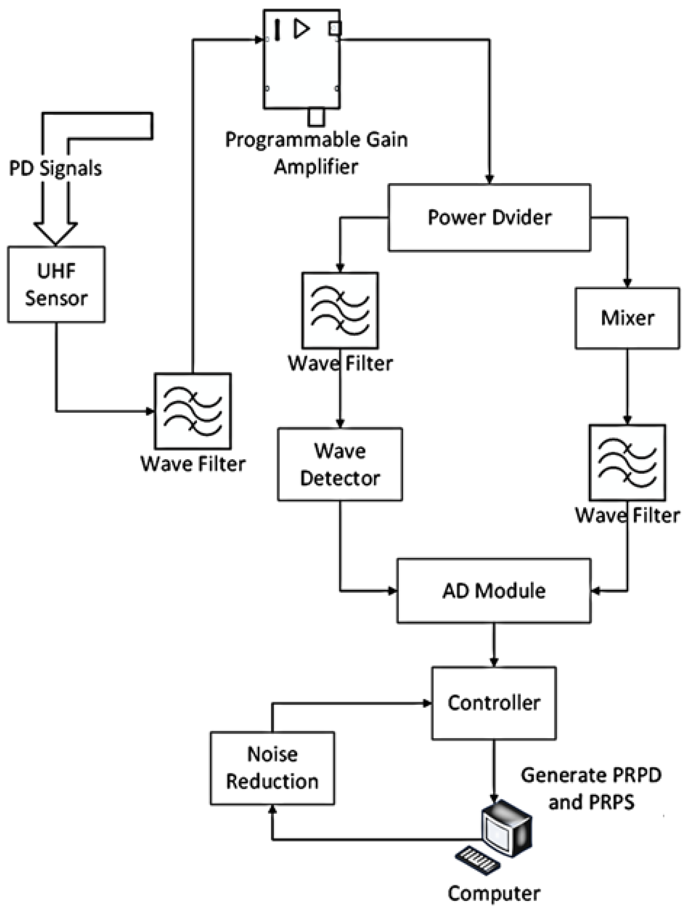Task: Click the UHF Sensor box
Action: (x=56, y=284)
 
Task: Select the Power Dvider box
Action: (x=489, y=217)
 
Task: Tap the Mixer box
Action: (x=627, y=318)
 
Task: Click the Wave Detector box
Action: (x=340, y=464)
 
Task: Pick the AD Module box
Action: (x=494, y=591)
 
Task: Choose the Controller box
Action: (x=494, y=703)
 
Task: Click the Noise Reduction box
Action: (x=272, y=768)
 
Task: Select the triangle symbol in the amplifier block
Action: (x=301, y=29)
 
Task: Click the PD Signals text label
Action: (x=55, y=168)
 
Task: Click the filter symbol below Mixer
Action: (x=627, y=462)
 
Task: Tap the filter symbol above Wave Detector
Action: (x=340, y=310)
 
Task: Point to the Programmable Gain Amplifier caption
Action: (x=316, y=153)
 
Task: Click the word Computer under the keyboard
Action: (x=494, y=894)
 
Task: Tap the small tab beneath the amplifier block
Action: (x=316, y=117)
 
